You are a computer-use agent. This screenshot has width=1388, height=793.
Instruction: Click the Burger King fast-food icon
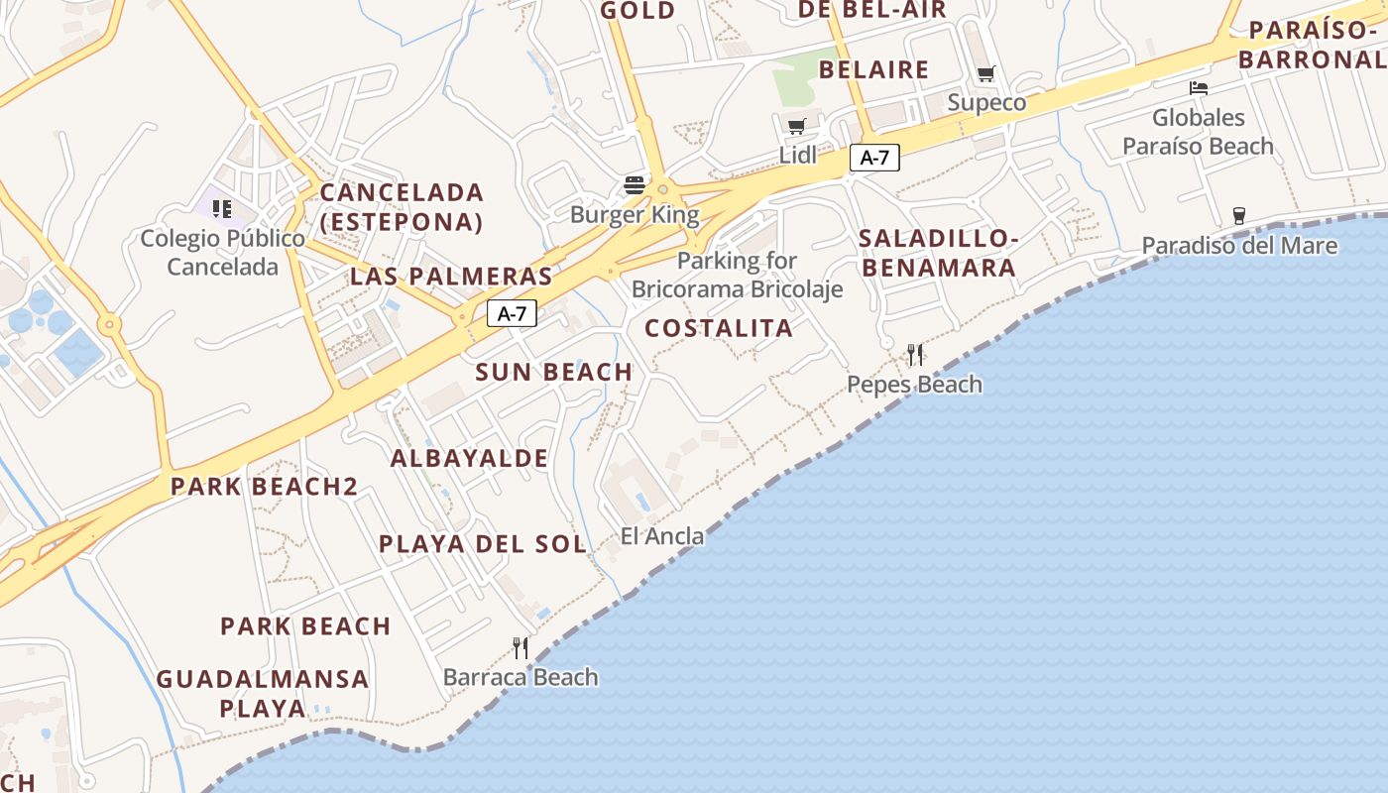(635, 184)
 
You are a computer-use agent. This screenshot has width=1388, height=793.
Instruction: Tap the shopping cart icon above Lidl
(796, 126)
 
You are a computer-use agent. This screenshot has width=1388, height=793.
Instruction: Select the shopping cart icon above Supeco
(985, 74)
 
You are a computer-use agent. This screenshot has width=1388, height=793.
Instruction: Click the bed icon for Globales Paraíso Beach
(1199, 88)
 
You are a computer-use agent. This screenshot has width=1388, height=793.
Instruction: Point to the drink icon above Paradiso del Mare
(1238, 215)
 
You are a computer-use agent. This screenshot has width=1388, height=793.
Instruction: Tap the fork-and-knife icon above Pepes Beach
(915, 354)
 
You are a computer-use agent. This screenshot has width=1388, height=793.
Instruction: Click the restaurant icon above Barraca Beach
(520, 648)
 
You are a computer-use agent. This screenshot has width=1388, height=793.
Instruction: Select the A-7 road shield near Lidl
(874, 157)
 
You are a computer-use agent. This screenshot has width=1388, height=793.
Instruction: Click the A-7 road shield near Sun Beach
(512, 314)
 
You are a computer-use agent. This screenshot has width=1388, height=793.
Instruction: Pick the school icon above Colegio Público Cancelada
(222, 209)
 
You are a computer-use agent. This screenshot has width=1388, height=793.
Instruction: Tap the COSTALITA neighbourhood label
(719, 328)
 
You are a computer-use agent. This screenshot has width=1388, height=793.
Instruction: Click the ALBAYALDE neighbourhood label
(469, 458)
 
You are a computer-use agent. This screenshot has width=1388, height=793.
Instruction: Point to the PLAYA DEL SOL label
(483, 544)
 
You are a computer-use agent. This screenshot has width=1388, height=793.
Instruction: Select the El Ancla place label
(662, 536)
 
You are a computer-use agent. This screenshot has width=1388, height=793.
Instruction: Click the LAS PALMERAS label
(451, 276)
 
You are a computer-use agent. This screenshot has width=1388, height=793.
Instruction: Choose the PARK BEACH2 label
(264, 487)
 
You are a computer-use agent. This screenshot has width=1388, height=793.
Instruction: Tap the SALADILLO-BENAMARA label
(937, 253)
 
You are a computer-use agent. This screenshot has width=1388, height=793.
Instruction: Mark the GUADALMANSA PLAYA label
(263, 693)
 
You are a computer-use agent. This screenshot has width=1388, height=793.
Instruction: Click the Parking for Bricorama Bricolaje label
(738, 276)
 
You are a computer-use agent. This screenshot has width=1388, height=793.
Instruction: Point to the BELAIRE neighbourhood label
(873, 69)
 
